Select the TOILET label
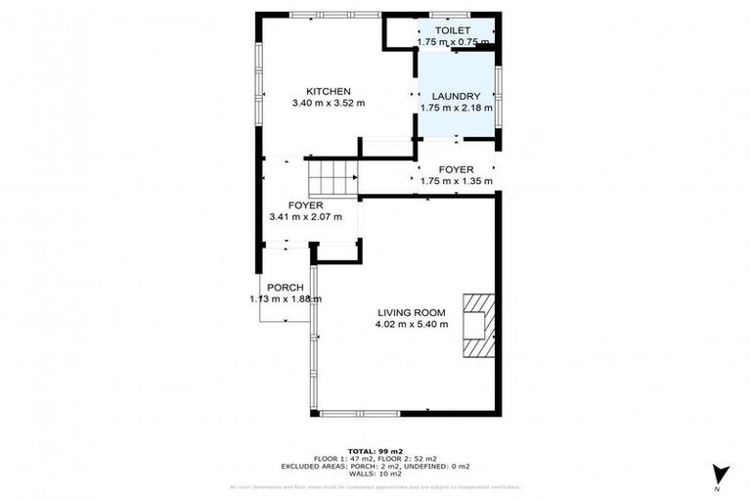(x=452, y=31)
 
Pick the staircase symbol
(x=333, y=179)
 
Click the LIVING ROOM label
(x=411, y=313)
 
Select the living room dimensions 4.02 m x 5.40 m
(x=411, y=325)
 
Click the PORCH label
(x=285, y=288)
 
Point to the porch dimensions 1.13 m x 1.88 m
(x=285, y=299)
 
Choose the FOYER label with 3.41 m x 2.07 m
(x=305, y=205)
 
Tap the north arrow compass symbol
(x=721, y=474)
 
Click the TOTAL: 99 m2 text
(x=375, y=450)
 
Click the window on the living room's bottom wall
(x=360, y=414)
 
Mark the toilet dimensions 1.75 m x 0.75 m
(x=452, y=43)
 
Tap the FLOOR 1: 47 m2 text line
(x=344, y=458)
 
